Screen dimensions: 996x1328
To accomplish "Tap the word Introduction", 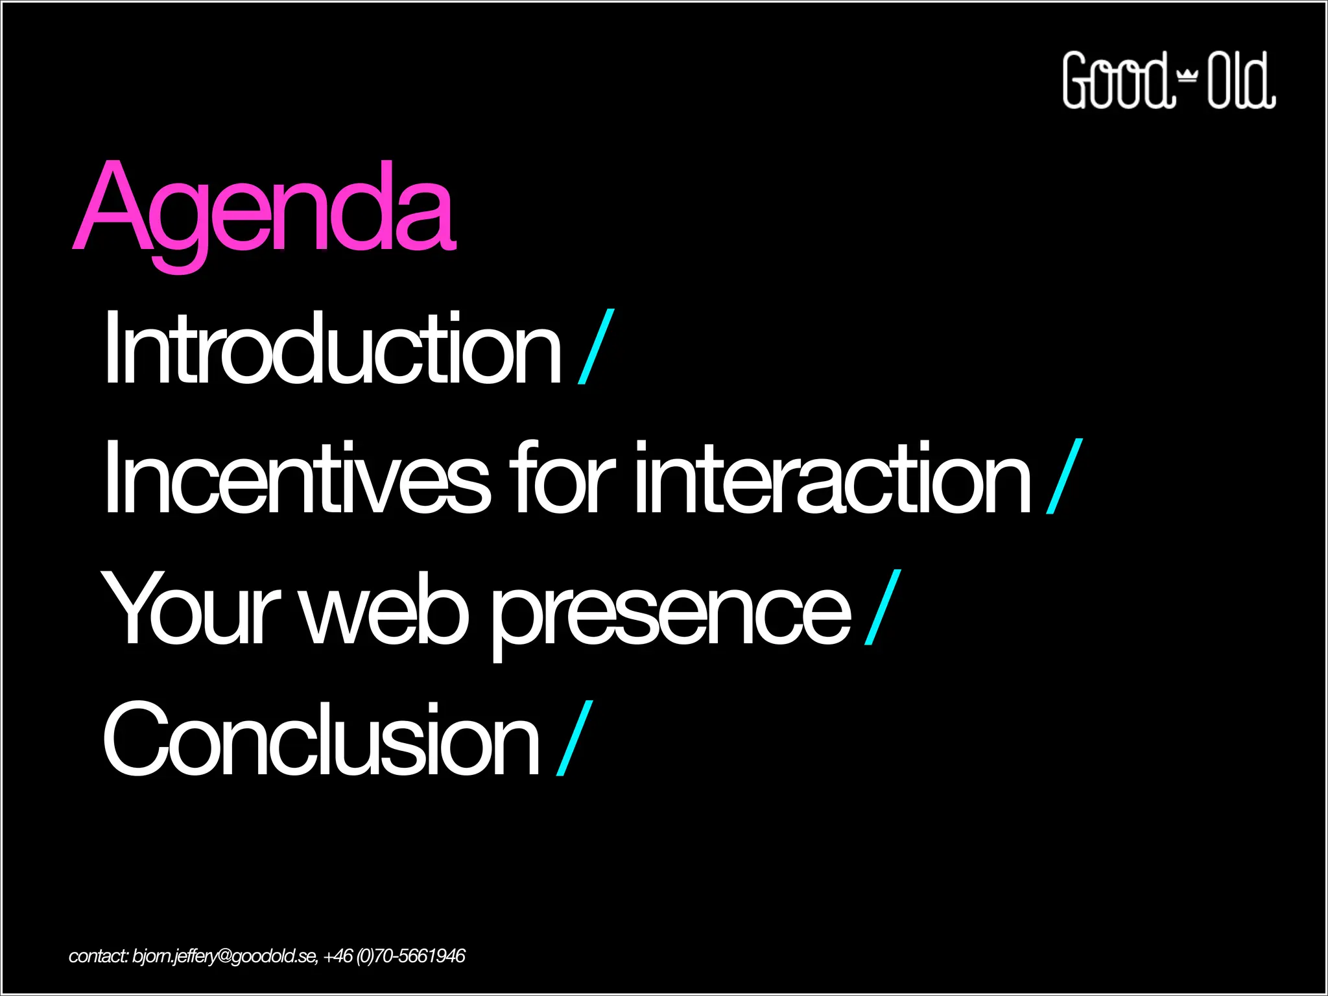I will click(x=332, y=349).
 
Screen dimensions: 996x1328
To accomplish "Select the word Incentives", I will click(x=296, y=479).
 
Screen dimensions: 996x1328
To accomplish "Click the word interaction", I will click(x=832, y=479).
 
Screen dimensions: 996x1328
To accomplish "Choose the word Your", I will click(x=190, y=610).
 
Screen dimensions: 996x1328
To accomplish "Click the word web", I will click(x=385, y=610).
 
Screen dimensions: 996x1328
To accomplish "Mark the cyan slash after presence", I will click(x=883, y=608).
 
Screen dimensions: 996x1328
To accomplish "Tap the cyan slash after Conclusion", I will click(x=575, y=738).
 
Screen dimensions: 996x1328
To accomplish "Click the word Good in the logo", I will click(x=1117, y=80).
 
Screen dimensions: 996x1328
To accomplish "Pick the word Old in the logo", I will click(x=1240, y=80).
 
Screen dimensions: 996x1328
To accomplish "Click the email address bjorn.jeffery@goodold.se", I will click(x=224, y=956).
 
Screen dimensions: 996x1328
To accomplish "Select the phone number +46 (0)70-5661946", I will click(x=394, y=956).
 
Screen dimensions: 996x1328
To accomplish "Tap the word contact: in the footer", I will click(x=99, y=956).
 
